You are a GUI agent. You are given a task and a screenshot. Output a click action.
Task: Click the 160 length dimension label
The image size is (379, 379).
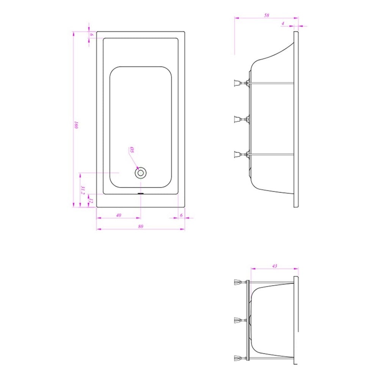(x=77, y=125)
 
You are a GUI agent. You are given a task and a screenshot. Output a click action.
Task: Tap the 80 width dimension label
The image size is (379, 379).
(x=141, y=226)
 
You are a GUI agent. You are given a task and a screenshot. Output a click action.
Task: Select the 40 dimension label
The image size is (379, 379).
(x=118, y=215)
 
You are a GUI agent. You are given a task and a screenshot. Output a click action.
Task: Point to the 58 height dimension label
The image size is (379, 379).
(x=266, y=15)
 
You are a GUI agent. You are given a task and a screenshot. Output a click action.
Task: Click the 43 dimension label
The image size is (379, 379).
(x=274, y=266)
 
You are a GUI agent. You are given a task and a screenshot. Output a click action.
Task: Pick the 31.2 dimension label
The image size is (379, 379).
(x=83, y=190)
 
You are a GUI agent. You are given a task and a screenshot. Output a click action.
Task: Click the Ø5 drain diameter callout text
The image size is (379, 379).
(x=132, y=150)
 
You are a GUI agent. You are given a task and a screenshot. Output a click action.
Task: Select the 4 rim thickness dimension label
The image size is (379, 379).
(x=283, y=23)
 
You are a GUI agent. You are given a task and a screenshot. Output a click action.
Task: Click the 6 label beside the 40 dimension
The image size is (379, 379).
(x=181, y=215)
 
